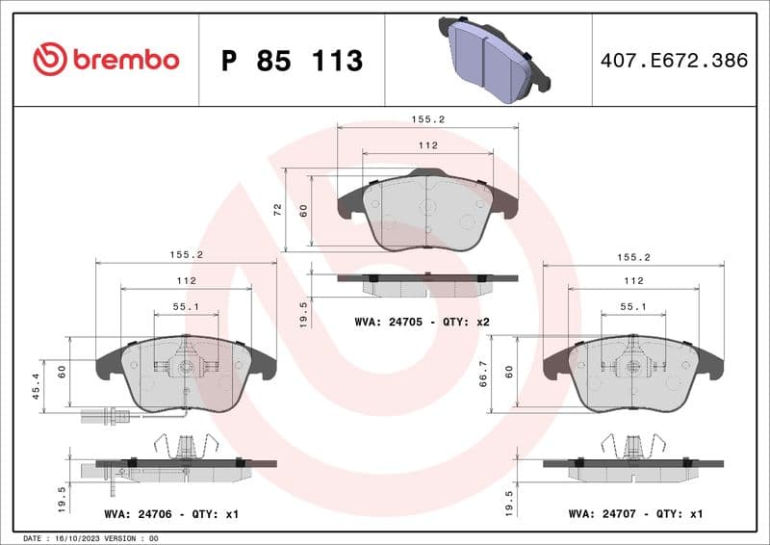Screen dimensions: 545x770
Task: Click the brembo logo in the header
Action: tap(106, 60)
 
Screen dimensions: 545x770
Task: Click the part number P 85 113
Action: tap(292, 61)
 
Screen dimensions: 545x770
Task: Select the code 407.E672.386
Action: tap(673, 61)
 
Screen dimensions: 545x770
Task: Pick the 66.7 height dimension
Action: tap(487, 373)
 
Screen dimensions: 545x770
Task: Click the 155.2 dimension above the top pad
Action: tap(427, 120)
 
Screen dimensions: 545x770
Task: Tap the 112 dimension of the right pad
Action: tap(631, 280)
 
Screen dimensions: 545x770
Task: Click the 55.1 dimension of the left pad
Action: tap(186, 306)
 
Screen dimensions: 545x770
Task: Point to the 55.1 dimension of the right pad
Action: tap(632, 306)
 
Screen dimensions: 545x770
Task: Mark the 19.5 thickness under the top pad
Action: tap(304, 312)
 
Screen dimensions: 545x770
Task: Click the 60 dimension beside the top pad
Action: tap(304, 209)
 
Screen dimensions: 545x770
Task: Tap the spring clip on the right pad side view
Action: tap(632, 445)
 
